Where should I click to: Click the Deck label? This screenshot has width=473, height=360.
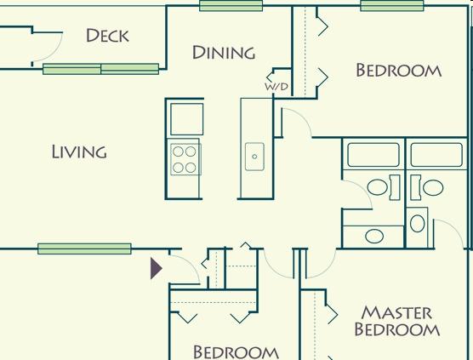click(107, 35)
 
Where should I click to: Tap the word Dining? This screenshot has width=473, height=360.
click(224, 53)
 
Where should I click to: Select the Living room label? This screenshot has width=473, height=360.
click(79, 151)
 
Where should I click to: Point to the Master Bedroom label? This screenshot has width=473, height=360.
click(397, 321)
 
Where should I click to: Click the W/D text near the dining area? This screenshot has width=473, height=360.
click(276, 87)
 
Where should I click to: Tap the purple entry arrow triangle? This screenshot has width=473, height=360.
click(157, 268)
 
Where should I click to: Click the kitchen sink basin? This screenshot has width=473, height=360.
click(254, 157)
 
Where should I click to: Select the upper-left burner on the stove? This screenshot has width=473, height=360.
click(178, 151)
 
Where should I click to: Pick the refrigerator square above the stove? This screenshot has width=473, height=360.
click(186, 119)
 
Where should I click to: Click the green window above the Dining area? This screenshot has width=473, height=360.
click(231, 6)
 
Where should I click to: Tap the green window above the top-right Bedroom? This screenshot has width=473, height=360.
click(392, 6)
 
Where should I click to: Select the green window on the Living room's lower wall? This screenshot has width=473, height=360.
click(84, 249)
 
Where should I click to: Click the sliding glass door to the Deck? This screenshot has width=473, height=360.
click(100, 69)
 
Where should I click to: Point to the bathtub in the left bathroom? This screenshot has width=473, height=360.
click(373, 155)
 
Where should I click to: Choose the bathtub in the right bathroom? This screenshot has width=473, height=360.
click(436, 155)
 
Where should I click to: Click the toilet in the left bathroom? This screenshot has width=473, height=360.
click(383, 187)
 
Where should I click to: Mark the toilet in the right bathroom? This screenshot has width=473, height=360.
click(427, 187)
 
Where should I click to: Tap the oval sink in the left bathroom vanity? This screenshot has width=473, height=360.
click(374, 236)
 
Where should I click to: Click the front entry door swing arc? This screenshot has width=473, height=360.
click(190, 263)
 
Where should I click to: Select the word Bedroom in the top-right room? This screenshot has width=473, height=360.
click(399, 71)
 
